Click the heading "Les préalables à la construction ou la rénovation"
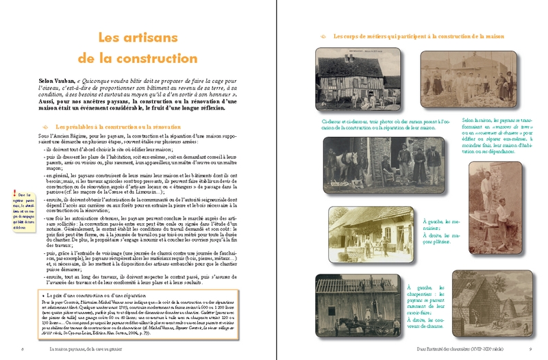point(118,127)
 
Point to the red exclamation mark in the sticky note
point(15,195)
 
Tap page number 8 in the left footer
point(23,349)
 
